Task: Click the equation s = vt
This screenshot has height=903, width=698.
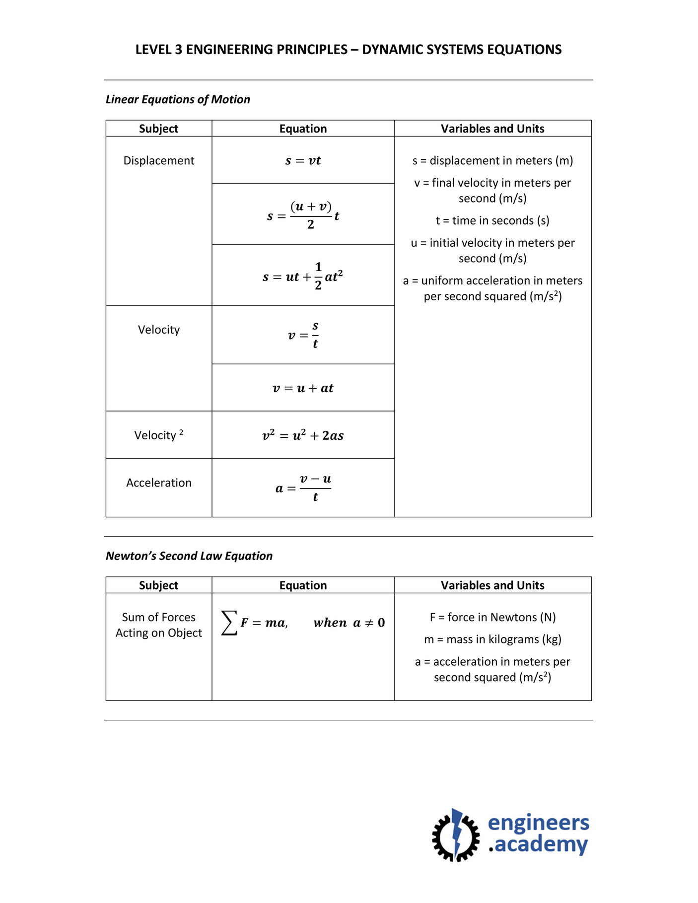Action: coord(303,160)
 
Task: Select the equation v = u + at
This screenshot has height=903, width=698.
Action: coord(303,388)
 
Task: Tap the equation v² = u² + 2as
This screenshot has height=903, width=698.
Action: coord(303,435)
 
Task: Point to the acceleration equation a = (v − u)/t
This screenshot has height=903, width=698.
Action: coord(303,488)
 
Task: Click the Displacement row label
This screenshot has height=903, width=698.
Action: coord(158,160)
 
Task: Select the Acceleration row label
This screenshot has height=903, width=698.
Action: coord(158,483)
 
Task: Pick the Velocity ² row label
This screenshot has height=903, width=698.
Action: coord(158,435)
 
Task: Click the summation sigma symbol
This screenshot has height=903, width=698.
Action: coord(229,623)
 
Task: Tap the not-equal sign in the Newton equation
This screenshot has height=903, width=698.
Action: coord(369,623)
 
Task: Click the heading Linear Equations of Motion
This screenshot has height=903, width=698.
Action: coord(178,99)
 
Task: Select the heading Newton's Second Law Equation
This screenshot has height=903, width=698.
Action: coord(189,556)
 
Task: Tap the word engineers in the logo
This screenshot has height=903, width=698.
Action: coord(538,823)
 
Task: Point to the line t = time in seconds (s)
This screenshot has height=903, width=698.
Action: coord(492,220)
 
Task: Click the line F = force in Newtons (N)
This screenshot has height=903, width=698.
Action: coord(492,617)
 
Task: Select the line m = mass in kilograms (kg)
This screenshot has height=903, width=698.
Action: coord(492,639)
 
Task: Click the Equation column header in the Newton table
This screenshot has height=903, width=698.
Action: coord(303,585)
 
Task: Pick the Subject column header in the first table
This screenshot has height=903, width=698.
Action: coord(158,129)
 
